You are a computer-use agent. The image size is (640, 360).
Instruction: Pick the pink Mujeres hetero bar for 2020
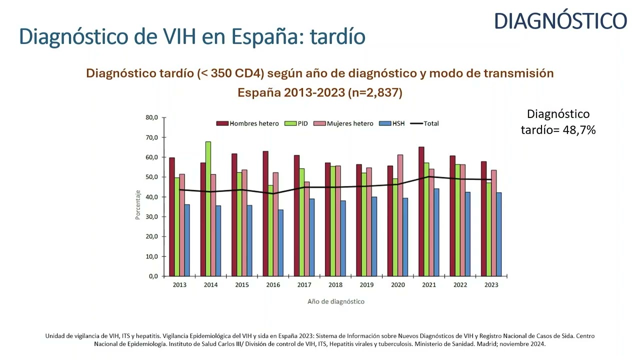[400, 215]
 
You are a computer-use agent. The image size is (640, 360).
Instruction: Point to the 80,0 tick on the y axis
[151, 118]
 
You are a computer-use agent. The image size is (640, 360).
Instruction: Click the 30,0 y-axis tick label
[151, 217]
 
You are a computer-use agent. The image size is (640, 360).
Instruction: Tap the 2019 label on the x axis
[366, 285]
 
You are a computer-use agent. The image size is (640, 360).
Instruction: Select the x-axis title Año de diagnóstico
[336, 301]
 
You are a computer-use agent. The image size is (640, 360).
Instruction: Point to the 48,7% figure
[577, 130]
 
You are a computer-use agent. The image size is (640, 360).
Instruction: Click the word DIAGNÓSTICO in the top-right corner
[560, 21]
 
